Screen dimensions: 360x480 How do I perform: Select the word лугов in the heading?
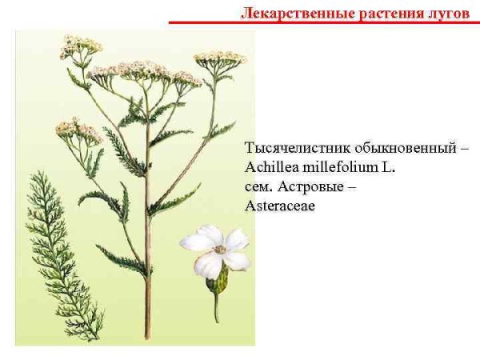446,13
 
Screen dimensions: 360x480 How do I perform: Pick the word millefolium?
339,169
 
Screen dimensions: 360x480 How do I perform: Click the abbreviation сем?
258,188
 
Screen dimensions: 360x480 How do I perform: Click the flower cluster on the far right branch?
219,58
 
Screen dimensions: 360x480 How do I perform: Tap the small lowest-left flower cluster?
77,129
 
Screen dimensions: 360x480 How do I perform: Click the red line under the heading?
320,23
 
